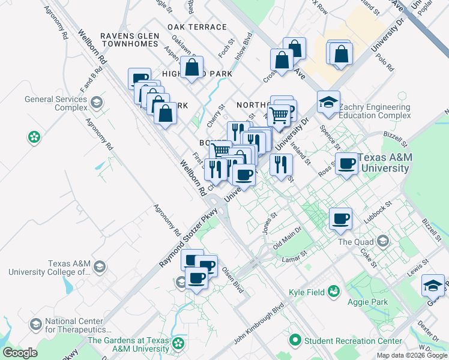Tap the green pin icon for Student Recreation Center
(295, 341)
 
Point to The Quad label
(355, 242)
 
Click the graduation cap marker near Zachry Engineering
(329, 103)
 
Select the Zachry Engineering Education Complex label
(375, 111)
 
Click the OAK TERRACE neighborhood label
(197, 27)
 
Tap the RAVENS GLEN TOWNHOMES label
(130, 40)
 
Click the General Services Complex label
(55, 103)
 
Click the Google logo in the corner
(20, 353)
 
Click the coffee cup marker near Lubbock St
(340, 219)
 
